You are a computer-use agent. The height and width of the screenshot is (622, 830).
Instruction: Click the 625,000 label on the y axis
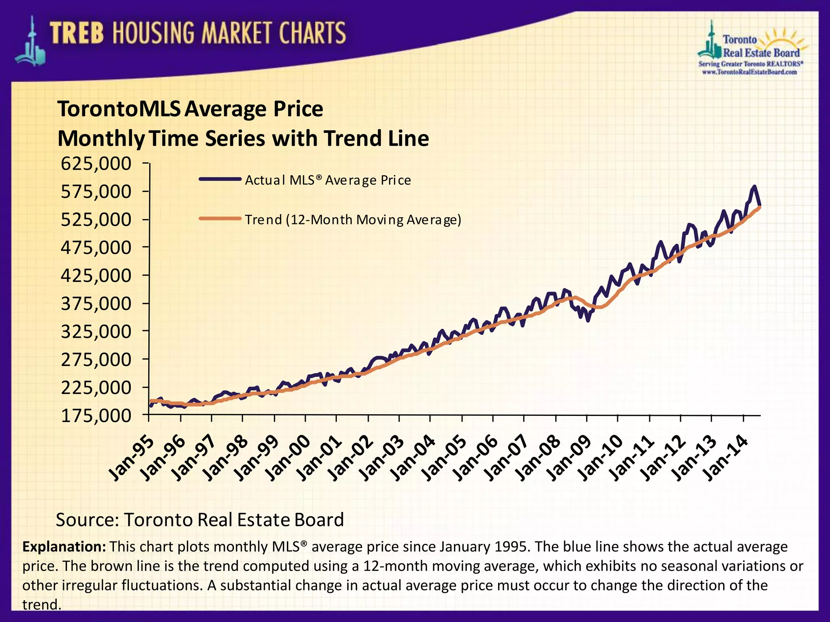click(96, 164)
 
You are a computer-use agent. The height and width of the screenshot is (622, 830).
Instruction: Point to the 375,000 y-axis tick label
click(96, 304)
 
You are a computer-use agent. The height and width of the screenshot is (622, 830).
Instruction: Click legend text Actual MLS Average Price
click(327, 180)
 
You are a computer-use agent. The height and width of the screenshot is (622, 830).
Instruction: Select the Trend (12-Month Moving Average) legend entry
click(353, 220)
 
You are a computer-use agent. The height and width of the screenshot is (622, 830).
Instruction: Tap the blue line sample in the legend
click(220, 179)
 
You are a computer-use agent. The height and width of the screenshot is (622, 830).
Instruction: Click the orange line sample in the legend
click(220, 219)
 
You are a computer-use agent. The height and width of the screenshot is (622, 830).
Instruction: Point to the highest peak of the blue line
click(754, 187)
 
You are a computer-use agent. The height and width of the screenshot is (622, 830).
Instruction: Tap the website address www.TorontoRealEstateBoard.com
click(749, 72)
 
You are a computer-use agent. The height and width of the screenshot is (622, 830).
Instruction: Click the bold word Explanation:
click(64, 547)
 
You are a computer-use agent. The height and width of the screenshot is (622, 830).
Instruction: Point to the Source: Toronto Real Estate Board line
click(200, 520)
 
